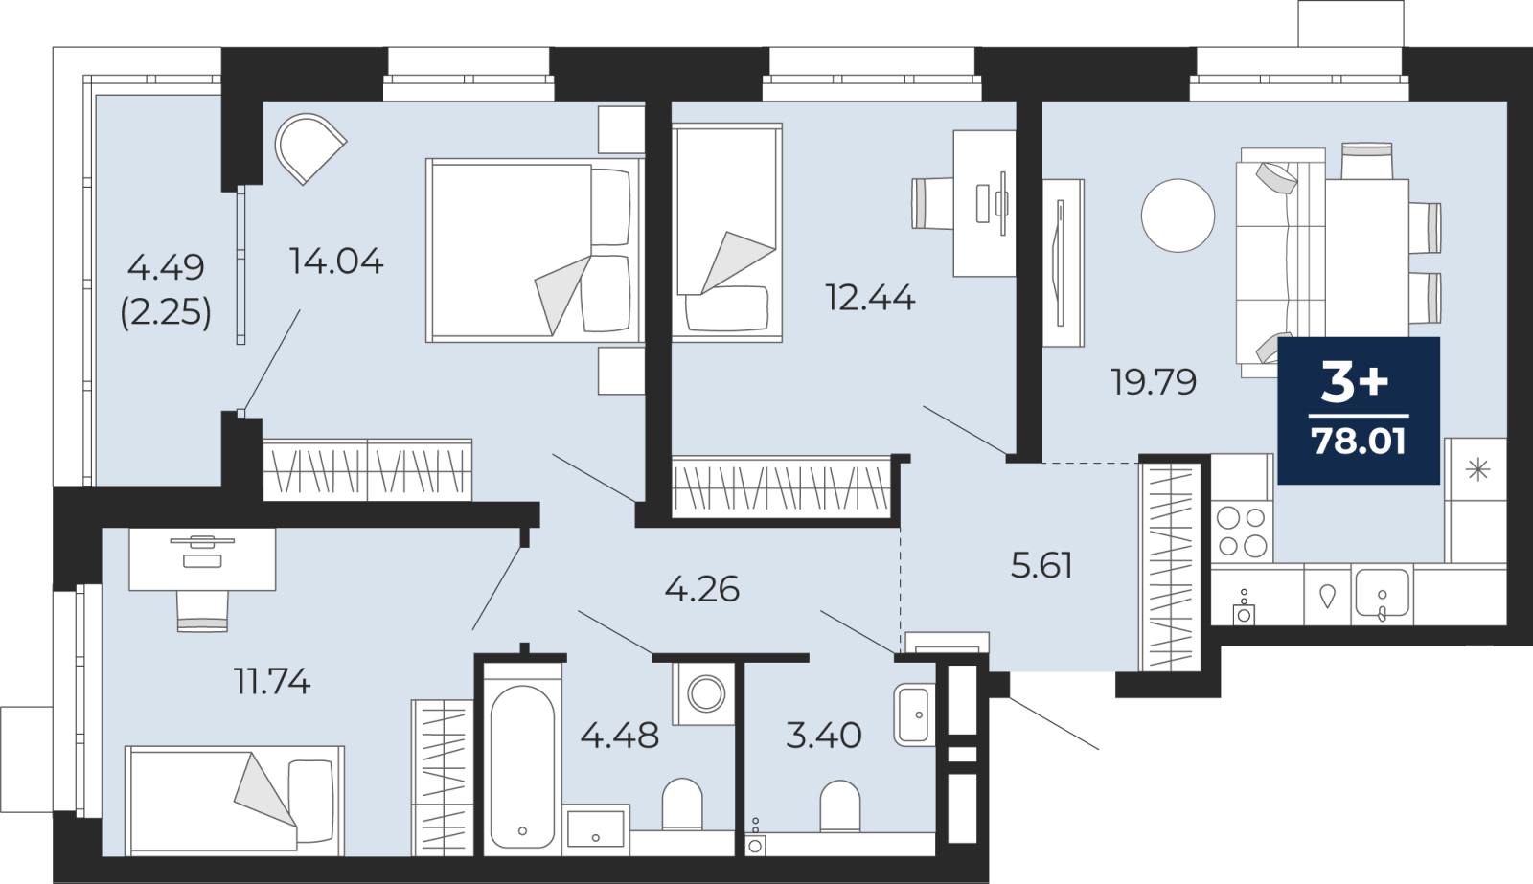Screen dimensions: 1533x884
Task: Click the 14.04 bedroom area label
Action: tap(336, 261)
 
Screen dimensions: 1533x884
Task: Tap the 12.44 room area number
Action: tap(871, 298)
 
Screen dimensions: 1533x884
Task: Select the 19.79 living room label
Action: tap(1154, 382)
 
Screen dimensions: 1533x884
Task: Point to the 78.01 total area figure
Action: tap(1359, 442)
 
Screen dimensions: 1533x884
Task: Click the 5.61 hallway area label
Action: tap(1041, 566)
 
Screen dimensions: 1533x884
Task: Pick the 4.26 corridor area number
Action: tap(702, 589)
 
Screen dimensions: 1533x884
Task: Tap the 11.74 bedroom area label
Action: tap(272, 682)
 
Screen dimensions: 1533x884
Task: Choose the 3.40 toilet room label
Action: tap(823, 737)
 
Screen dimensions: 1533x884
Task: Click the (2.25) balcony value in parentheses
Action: tap(166, 312)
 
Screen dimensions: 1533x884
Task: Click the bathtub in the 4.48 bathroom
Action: tap(523, 766)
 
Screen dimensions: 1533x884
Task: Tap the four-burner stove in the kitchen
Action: tap(1242, 531)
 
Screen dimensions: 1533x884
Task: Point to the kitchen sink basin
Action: tap(1383, 594)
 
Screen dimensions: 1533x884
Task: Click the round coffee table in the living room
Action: tap(1178, 215)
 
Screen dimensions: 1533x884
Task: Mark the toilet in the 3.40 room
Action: tap(839, 806)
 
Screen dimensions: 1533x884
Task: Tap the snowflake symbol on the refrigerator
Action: tap(1478, 471)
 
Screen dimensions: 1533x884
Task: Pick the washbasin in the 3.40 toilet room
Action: tap(914, 715)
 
